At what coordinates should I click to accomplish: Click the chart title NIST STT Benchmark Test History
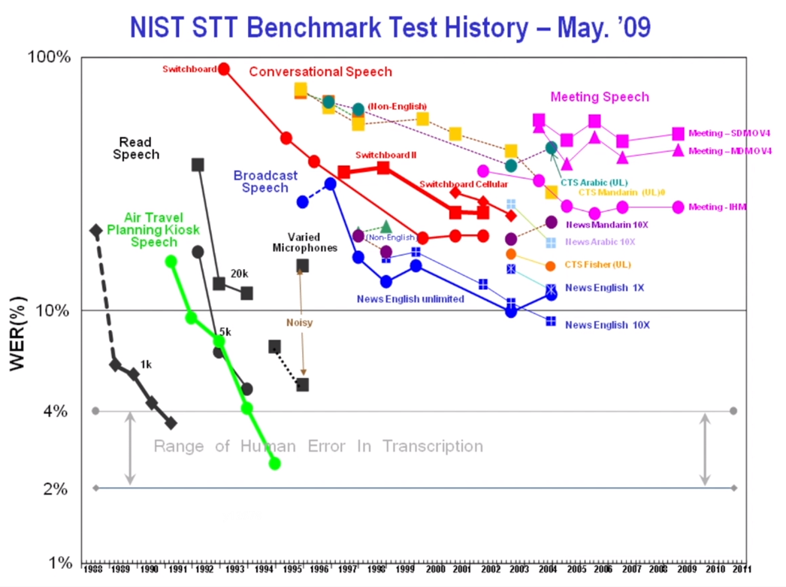390,28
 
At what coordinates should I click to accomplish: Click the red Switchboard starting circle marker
223,69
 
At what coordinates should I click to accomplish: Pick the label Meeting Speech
600,97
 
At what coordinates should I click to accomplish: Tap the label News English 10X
607,325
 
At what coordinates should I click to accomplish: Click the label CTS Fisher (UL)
598,265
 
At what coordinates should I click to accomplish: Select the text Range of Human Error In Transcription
318,446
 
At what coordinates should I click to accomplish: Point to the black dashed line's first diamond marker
95,231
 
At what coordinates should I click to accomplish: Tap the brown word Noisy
299,322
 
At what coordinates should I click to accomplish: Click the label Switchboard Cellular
463,184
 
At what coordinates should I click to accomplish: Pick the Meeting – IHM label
718,207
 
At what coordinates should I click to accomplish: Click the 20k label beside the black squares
239,274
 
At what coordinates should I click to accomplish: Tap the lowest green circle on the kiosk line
275,463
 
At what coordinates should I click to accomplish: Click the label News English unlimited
410,298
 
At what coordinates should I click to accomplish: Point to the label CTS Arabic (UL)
594,182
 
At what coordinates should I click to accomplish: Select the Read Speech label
135,148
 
